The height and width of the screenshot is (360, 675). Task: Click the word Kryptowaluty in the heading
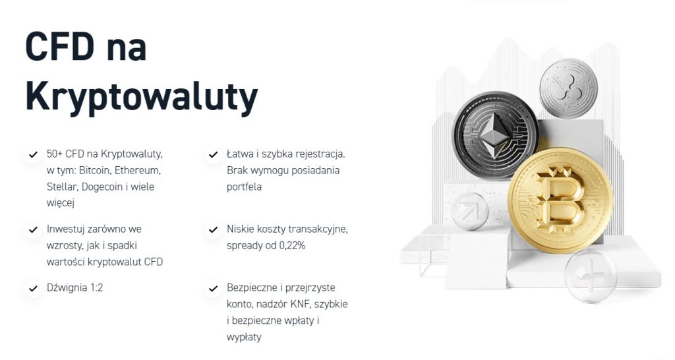(x=142, y=97)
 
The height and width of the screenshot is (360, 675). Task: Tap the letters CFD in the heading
(x=60, y=46)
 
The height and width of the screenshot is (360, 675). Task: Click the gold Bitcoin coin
(x=560, y=200)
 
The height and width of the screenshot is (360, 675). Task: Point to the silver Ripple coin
(x=569, y=88)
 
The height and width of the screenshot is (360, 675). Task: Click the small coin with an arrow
(x=469, y=210)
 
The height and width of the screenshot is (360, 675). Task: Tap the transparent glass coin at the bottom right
(x=590, y=275)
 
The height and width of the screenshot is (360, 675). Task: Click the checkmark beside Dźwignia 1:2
(x=33, y=289)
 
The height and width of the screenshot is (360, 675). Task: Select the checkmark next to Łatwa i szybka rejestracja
(x=213, y=154)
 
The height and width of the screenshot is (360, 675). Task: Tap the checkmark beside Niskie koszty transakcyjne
(x=213, y=230)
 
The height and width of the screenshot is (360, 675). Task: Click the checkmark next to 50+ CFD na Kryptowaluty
(x=33, y=154)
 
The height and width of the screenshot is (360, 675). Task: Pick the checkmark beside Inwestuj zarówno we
(x=33, y=230)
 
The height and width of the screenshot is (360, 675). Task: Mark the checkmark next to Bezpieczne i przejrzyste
(x=213, y=289)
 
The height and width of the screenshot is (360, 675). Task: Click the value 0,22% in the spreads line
(x=292, y=246)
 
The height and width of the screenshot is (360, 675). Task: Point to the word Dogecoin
(x=102, y=187)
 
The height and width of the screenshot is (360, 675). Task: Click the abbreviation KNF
(x=300, y=305)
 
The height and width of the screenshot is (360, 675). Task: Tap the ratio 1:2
(x=96, y=287)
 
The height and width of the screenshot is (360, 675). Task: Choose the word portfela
(x=244, y=187)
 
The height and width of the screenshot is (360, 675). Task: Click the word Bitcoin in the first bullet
(x=94, y=171)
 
